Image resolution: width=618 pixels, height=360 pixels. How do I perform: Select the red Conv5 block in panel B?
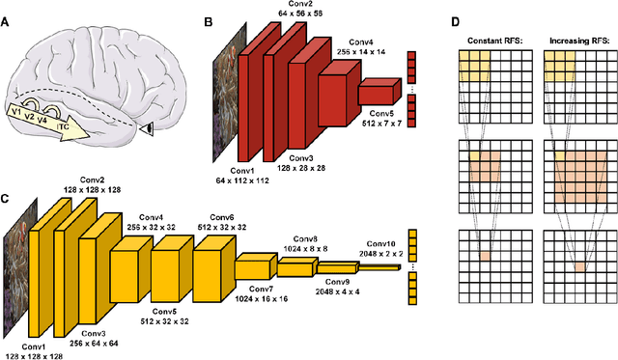pyautogui.click(x=377, y=94)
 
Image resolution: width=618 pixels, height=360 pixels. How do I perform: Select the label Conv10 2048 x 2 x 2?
pyautogui.click(x=387, y=249)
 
